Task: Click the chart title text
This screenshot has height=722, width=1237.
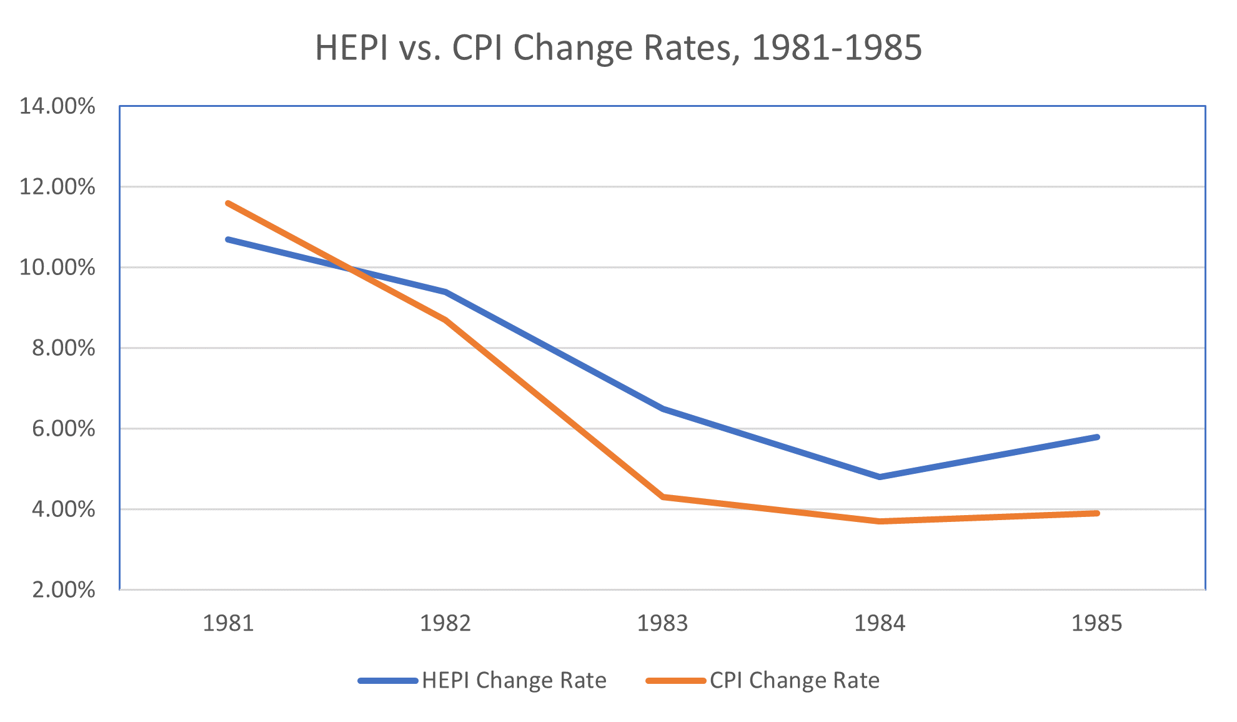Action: click(618, 48)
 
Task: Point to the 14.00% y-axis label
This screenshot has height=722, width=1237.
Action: click(57, 106)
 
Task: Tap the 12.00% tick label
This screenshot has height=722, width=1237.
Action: click(57, 187)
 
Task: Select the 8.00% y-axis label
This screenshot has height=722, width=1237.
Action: click(63, 348)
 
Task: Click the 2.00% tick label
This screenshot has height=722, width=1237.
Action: click(63, 589)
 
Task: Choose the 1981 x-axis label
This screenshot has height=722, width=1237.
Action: click(228, 623)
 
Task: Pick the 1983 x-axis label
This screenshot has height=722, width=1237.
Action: click(662, 623)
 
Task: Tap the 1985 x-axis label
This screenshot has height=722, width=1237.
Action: click(1096, 623)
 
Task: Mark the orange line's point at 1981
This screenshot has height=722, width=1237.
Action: click(228, 203)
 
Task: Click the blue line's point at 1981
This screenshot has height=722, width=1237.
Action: click(228, 239)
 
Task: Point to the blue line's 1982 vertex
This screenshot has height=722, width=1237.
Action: click(445, 292)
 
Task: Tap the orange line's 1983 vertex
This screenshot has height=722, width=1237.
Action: click(663, 497)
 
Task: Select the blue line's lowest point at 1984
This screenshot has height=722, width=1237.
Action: click(880, 477)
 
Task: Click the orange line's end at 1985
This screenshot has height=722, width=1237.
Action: click(1097, 513)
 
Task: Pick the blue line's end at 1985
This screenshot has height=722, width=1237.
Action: click(1097, 437)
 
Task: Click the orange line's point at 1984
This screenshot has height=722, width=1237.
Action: click(880, 521)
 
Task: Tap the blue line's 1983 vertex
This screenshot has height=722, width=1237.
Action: click(663, 409)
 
